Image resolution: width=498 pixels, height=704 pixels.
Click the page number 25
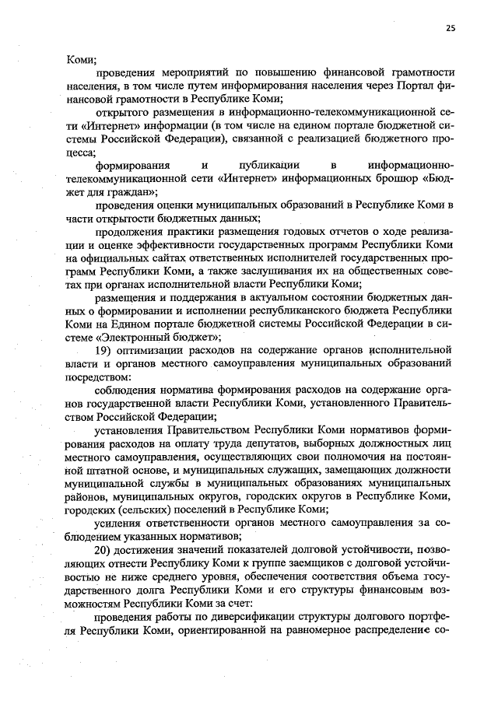(x=451, y=29)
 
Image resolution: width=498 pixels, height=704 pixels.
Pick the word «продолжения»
(x=132, y=231)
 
